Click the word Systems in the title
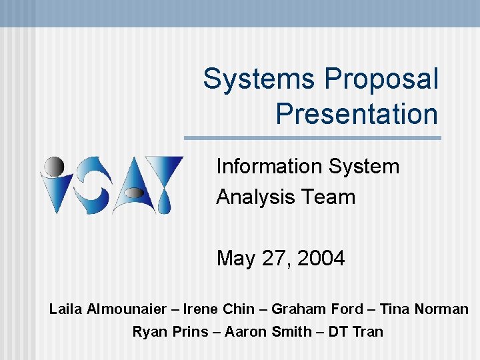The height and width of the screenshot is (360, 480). tap(259, 79)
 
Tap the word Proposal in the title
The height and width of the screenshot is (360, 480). tap(381, 79)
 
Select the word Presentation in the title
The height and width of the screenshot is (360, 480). tap(357, 113)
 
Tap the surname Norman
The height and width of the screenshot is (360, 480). tap(441, 309)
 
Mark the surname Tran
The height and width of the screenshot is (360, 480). tap(369, 331)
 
